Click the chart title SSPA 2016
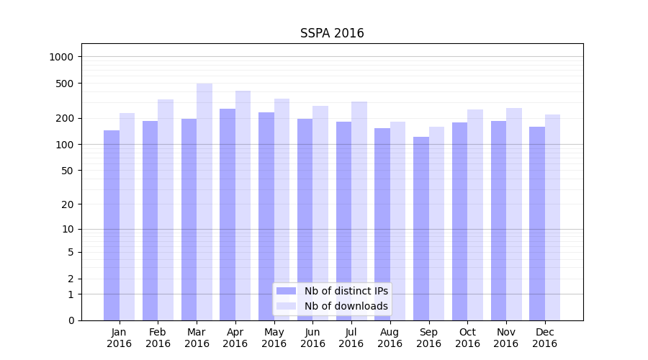click(332, 34)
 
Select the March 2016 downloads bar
click(204, 202)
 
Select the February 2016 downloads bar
click(166, 210)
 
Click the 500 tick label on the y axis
click(66, 84)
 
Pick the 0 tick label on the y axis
click(71, 320)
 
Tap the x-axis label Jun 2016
click(312, 338)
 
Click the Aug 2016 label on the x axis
click(390, 338)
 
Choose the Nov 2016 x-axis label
click(506, 338)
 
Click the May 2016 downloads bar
click(282, 210)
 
